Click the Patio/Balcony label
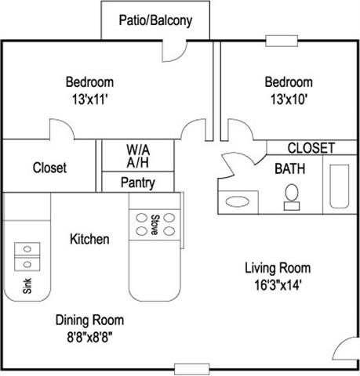155,20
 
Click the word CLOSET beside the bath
311,148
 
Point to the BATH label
289,168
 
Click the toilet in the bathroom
293,196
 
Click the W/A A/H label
140,155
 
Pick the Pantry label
137,183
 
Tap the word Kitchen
89,239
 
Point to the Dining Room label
89,320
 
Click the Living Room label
278,266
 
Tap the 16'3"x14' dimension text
278,284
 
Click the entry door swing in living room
345,350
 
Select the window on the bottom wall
193,368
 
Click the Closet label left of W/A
49,168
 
